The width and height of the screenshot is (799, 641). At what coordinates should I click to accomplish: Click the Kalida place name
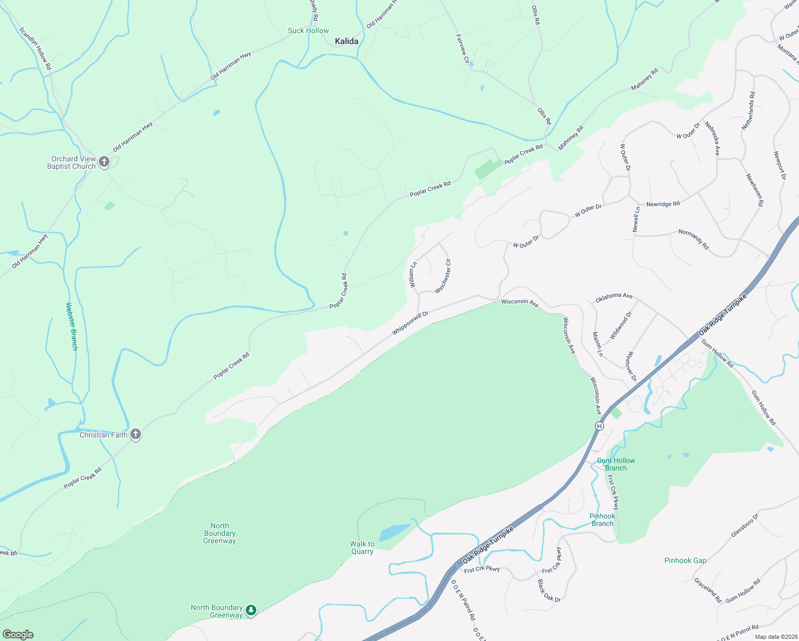click(x=346, y=41)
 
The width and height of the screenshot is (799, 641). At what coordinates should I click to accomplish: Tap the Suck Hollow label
click(x=308, y=31)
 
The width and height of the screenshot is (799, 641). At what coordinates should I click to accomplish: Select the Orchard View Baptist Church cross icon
click(x=105, y=162)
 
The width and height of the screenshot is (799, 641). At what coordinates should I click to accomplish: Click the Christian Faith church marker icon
click(x=136, y=434)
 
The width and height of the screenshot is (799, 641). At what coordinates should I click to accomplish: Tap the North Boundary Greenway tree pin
click(x=251, y=610)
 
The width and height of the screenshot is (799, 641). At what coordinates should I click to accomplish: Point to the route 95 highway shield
click(x=599, y=426)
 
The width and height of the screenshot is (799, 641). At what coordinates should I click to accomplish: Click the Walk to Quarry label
click(x=362, y=548)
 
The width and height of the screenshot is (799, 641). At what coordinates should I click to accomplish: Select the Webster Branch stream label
click(x=72, y=326)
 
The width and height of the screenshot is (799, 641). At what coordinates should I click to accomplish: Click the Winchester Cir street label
click(x=443, y=276)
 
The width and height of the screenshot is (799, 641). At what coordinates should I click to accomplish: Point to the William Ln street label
click(x=413, y=275)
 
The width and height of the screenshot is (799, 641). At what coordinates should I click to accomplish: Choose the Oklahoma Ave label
click(x=614, y=297)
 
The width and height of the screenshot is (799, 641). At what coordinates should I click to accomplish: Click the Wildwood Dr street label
click(x=621, y=325)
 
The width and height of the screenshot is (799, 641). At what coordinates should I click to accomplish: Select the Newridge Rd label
click(x=663, y=204)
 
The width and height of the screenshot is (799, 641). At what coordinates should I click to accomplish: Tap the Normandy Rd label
click(x=693, y=239)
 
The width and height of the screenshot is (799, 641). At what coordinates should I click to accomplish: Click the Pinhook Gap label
click(x=685, y=560)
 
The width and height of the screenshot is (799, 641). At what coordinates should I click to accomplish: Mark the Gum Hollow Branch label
click(x=616, y=464)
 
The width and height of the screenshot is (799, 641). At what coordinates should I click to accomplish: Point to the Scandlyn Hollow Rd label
click(x=35, y=49)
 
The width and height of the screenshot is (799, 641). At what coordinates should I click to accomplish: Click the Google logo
click(x=18, y=634)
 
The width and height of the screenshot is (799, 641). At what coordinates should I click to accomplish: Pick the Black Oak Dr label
click(x=549, y=591)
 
